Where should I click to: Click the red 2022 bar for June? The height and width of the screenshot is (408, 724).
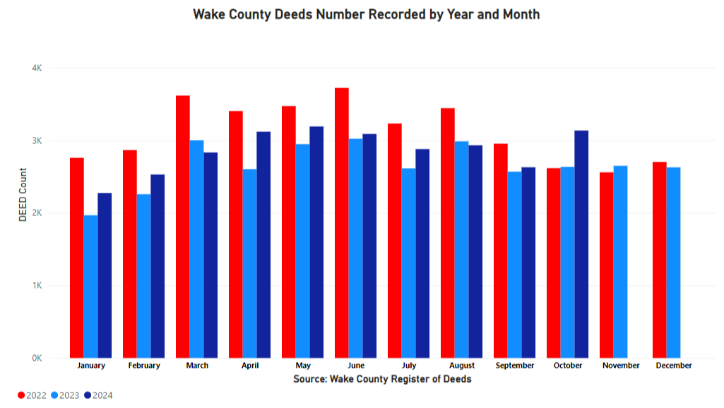(x=341, y=223)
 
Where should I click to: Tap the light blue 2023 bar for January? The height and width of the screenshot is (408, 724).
(x=90, y=287)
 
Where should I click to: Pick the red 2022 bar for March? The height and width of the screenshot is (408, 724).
(x=182, y=227)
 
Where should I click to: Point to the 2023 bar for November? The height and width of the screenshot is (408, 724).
(x=620, y=262)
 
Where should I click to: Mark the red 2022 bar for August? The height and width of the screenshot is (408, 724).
(x=447, y=233)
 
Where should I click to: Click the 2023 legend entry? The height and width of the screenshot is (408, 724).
(x=65, y=395)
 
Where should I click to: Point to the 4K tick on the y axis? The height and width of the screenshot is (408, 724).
(x=37, y=68)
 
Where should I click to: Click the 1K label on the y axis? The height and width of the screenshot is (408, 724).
(x=37, y=286)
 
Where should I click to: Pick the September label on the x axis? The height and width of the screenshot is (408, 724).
(x=514, y=366)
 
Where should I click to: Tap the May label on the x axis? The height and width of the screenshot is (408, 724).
(x=302, y=366)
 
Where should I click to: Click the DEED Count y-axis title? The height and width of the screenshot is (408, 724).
(x=23, y=195)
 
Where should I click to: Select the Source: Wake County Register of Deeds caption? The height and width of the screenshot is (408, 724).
(x=381, y=379)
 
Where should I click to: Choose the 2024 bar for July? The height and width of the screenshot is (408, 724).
(x=422, y=253)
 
